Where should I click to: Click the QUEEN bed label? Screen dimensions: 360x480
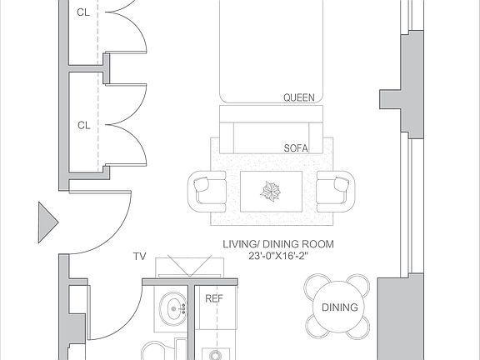tap(299, 97)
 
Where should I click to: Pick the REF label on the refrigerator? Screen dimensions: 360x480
tap(214, 297)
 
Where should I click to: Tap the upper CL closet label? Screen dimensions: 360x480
tap(83, 12)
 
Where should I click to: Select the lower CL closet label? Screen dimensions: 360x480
tap(83, 126)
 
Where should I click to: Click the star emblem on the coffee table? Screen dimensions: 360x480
tap(271, 192)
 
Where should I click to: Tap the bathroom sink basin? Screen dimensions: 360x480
tap(176, 310)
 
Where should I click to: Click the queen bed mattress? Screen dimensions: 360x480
tap(269, 50)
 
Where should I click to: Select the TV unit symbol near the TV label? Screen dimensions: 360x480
tap(184, 267)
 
